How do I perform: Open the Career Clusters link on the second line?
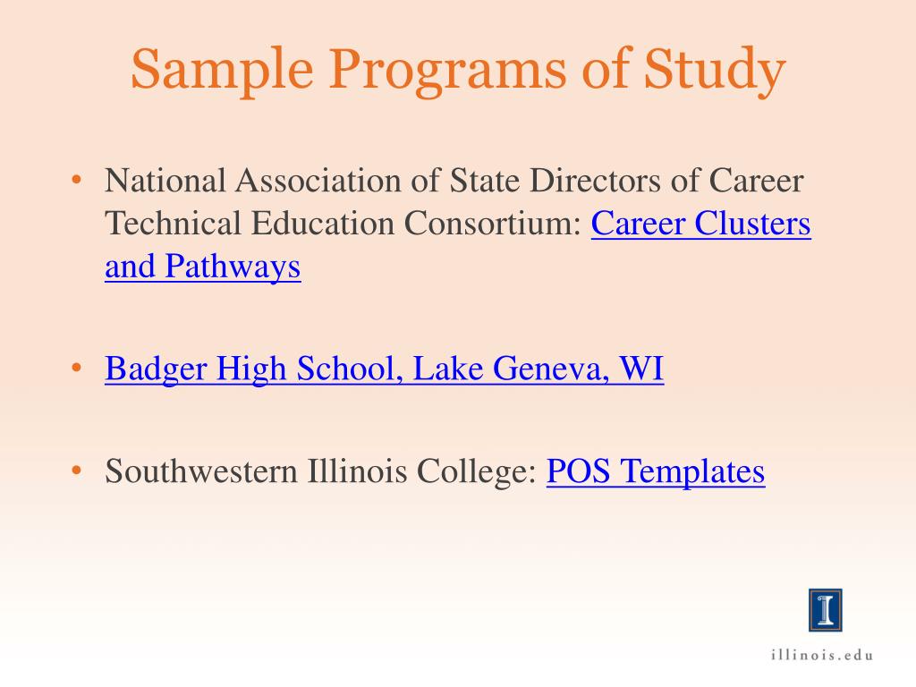coord(701,224)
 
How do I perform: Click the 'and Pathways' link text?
coord(202,267)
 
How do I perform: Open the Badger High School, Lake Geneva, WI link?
coord(384,369)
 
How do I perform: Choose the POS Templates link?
coord(656,471)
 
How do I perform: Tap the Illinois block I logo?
coord(824,609)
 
